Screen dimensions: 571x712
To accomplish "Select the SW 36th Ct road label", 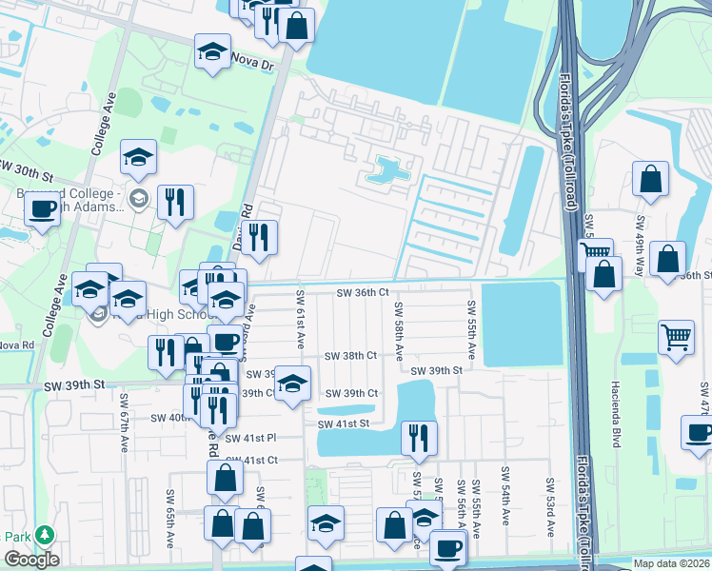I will tap(363, 292).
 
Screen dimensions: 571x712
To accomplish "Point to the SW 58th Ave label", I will tap(399, 331).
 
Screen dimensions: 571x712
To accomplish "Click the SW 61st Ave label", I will tap(301, 319).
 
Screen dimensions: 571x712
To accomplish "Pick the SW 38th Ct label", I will tap(351, 355).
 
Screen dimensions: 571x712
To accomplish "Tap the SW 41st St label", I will tap(343, 423).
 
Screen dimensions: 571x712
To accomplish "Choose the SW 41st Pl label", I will tap(257, 438).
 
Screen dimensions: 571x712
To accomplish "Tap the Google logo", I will tap(31, 560).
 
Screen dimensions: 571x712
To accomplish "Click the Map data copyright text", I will tap(672, 563).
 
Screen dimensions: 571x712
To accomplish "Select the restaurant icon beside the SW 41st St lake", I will tap(418, 439).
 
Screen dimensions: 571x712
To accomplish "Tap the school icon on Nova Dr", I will tap(213, 52).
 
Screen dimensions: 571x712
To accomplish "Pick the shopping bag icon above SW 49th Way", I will tap(650, 179).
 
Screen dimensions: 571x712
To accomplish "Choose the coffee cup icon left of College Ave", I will tap(42, 208).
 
